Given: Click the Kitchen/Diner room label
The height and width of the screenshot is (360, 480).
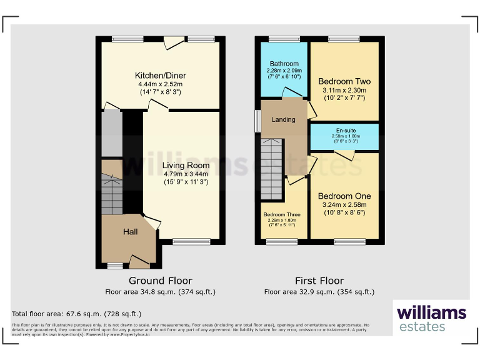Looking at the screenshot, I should (162, 76).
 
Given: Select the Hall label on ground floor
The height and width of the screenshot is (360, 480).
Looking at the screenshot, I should (130, 232).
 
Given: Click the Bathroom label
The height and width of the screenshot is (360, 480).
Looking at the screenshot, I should (284, 64).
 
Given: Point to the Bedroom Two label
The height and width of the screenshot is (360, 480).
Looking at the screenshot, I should (344, 81).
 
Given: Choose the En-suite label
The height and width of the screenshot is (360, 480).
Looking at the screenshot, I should (345, 130).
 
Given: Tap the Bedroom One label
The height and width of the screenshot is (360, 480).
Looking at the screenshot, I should (344, 196).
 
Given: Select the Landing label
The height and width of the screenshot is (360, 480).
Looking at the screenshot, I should (283, 119).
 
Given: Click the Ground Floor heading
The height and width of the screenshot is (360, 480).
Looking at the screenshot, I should (161, 281).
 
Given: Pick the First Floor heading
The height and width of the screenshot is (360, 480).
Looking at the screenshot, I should (319, 281).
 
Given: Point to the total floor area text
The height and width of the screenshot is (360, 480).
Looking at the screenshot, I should (77, 314).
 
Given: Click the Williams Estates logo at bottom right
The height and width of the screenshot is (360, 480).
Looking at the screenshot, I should (431, 317).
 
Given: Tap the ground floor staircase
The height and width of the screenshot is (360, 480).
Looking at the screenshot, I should (112, 191).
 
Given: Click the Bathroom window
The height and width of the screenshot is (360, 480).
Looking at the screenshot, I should (284, 39).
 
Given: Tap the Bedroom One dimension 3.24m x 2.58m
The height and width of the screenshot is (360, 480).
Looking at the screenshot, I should (344, 204).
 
